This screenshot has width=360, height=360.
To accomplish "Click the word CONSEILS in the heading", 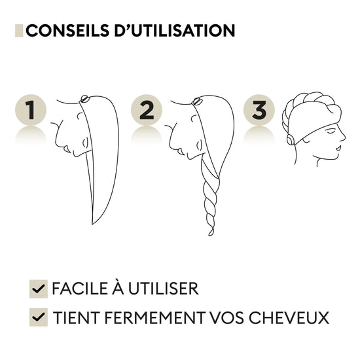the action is coord(67,31).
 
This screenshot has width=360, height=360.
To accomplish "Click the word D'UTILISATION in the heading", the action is coord(175,31).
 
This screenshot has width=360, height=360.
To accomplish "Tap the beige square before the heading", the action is coord(19,31).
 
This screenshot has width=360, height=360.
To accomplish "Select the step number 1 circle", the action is coord(31,110).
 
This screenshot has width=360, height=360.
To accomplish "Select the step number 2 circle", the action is coord(147,110).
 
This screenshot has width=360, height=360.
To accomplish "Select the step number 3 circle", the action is coord(259,110).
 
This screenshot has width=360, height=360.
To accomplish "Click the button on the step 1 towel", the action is coord(84,98).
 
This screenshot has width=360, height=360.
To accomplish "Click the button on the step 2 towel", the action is coord(197,101).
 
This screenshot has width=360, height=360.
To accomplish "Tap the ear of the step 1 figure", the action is coord(85,143).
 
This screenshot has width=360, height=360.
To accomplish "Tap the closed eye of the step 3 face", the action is coord(331,132).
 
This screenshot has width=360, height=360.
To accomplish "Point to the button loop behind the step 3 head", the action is coord(290,139).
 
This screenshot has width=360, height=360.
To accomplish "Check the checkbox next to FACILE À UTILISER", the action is coord(39,289).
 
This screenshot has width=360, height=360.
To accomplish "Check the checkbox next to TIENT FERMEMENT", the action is coord(39,317).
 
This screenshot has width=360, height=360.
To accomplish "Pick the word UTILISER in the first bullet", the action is coord(163,289).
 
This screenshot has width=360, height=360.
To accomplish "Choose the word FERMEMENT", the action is coord(155,317).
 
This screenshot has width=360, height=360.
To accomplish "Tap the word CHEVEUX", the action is coord(289,317).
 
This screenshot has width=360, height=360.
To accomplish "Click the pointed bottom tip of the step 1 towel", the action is coord(92,224).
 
